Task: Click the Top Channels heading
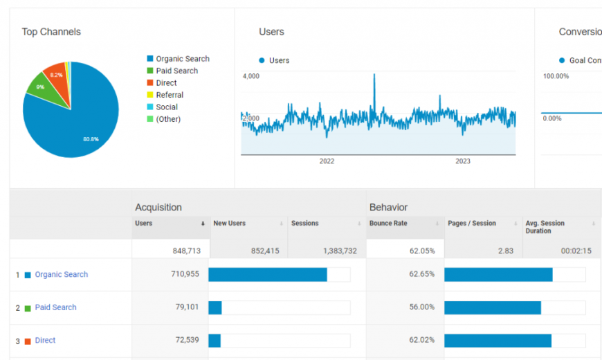[x=51, y=32]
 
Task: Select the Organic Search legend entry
[x=182, y=59]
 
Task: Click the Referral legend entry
[x=170, y=95]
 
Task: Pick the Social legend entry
[x=167, y=107]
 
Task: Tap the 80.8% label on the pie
[x=91, y=139]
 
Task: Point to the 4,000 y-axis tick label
[x=250, y=75]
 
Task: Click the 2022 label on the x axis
[x=327, y=161]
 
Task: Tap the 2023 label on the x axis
[x=463, y=161]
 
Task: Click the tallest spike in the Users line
[x=374, y=75]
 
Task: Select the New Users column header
[x=228, y=224]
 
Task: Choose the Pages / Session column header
[x=472, y=224]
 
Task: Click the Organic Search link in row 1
[x=62, y=275]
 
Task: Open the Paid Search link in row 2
[x=55, y=307]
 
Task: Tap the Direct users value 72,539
[x=184, y=341]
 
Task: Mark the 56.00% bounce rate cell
[x=421, y=307]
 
